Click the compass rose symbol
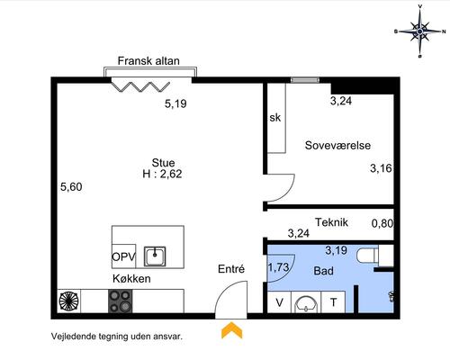pyautogui.click(x=420, y=31)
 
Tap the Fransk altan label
pyautogui.click(x=148, y=61)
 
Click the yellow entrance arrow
pyautogui.click(x=231, y=330)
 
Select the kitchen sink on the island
pyautogui.click(x=155, y=256)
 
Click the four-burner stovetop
pyautogui.click(x=120, y=301)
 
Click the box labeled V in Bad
pyautogui.click(x=279, y=302)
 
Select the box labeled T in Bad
pyautogui.click(x=333, y=302)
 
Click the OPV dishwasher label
pyautogui.click(x=123, y=257)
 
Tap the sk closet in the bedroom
pyautogui.click(x=276, y=118)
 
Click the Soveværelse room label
pyautogui.click(x=337, y=146)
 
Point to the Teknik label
pyautogui.click(x=331, y=222)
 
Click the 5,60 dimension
pyautogui.click(x=71, y=187)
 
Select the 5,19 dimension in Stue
pyautogui.click(x=175, y=103)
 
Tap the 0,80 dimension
pyautogui.click(x=382, y=223)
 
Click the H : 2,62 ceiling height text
pyautogui.click(x=162, y=174)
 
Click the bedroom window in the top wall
pyautogui.click(x=304, y=80)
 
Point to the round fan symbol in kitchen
pyautogui.click(x=69, y=301)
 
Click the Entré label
pyautogui.click(x=231, y=269)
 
